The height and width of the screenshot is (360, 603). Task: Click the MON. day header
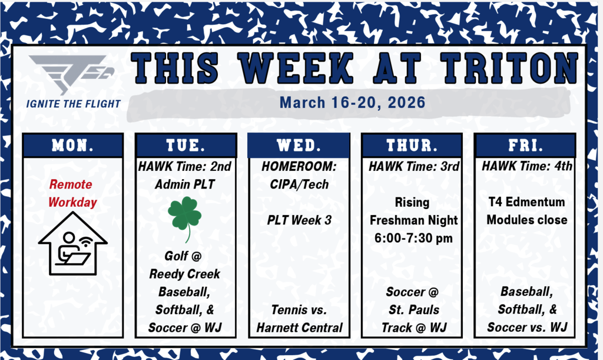point(73,145)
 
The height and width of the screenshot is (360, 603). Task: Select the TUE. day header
point(186,145)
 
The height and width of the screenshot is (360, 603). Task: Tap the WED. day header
point(300,145)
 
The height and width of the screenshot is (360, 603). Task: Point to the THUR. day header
point(412,145)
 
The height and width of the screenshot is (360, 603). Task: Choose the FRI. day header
point(525,145)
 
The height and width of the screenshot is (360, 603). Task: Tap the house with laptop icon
point(72,243)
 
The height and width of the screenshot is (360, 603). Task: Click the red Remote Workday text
point(72,193)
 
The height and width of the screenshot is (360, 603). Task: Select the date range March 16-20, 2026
point(352,103)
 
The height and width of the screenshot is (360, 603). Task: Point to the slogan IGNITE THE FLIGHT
point(73,104)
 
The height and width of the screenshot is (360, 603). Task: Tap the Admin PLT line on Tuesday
point(185,184)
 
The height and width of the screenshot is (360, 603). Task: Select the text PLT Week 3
point(299,220)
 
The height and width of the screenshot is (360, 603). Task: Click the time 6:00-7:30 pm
point(412,237)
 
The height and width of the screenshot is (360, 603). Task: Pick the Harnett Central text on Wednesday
point(299,327)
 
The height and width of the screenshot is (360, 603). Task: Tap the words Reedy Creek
point(185,274)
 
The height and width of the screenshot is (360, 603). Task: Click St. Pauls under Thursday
point(412,309)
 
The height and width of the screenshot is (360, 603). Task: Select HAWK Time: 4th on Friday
point(526,167)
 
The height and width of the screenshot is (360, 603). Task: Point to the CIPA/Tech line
point(299,184)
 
